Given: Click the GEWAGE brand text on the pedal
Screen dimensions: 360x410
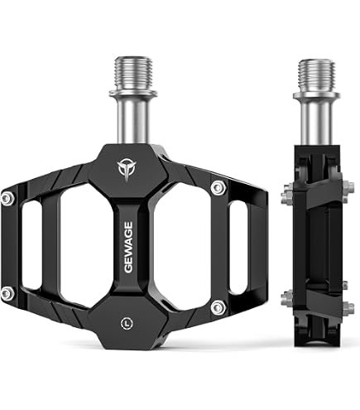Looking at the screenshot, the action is (x=128, y=248).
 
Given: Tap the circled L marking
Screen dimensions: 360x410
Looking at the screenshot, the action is (x=127, y=323).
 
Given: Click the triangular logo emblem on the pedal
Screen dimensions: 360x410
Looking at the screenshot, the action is (x=127, y=169).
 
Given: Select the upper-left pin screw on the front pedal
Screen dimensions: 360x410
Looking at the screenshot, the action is (x=7, y=199).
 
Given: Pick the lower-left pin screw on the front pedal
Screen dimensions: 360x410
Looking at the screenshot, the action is (x=7, y=293).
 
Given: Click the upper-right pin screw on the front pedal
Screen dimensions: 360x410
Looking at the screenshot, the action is (x=218, y=188).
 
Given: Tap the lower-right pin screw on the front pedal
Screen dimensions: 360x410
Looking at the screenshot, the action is (x=218, y=306).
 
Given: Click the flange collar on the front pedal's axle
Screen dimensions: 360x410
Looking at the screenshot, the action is (x=133, y=92).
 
